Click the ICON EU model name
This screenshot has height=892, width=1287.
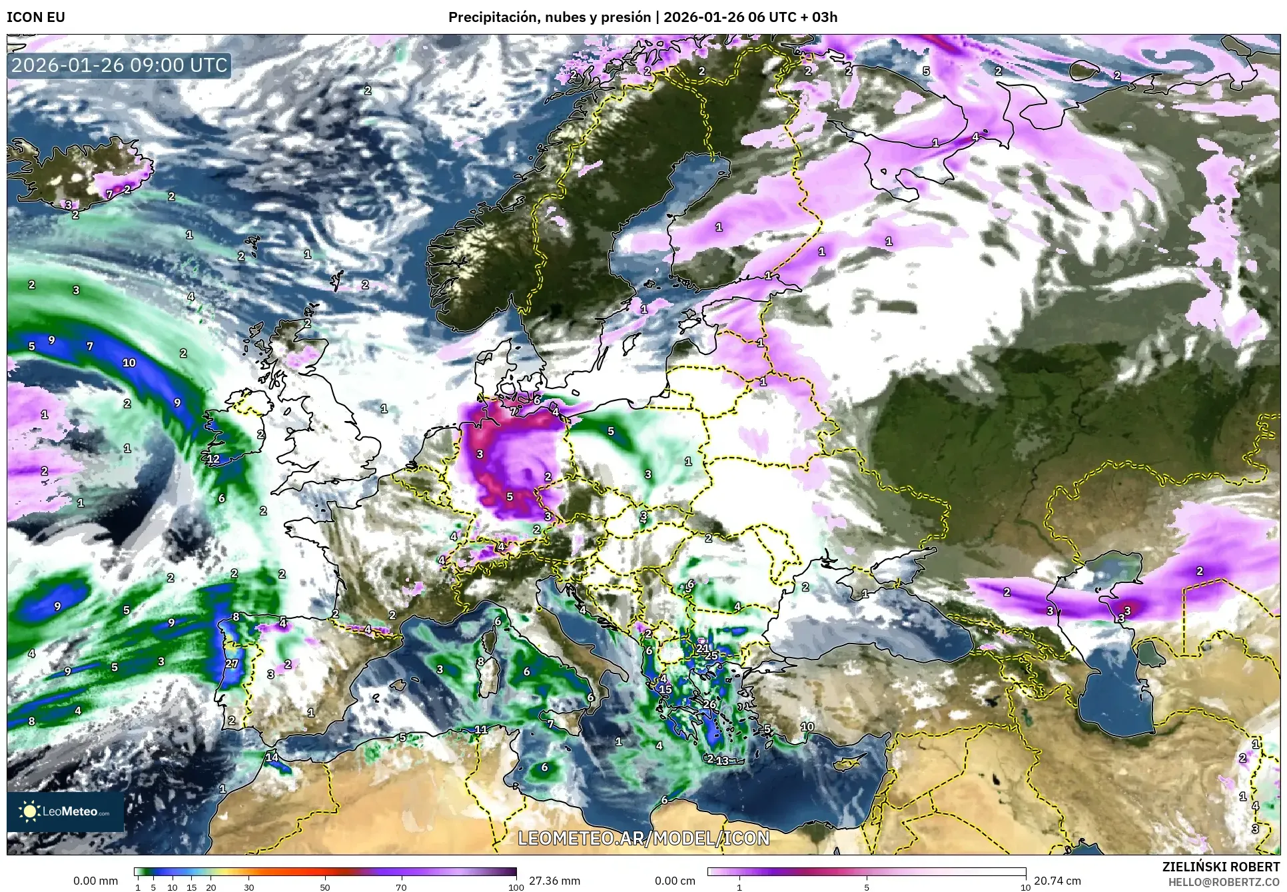click(x=36, y=17)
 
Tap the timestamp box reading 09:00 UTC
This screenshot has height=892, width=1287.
click(x=120, y=66)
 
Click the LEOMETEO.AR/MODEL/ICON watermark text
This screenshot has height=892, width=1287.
click(x=643, y=837)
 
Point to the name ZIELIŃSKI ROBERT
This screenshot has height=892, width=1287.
click(x=1220, y=867)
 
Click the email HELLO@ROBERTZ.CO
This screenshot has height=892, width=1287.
click(x=1224, y=881)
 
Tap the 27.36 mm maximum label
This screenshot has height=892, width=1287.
click(x=554, y=881)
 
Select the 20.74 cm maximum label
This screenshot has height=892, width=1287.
click(x=1057, y=881)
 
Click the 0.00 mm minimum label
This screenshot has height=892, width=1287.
click(x=95, y=881)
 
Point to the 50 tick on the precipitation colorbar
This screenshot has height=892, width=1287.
click(x=325, y=887)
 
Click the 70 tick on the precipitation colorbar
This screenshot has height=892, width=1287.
click(x=401, y=887)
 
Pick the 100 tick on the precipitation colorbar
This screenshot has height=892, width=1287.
click(x=516, y=887)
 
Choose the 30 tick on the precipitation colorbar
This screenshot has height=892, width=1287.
click(x=248, y=887)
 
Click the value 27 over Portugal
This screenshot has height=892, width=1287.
click(x=232, y=664)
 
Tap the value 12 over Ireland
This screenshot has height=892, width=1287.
click(x=213, y=459)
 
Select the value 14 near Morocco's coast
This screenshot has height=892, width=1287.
click(x=272, y=757)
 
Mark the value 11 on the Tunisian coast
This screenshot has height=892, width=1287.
click(x=481, y=729)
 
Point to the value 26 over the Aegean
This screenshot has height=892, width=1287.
click(x=709, y=704)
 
